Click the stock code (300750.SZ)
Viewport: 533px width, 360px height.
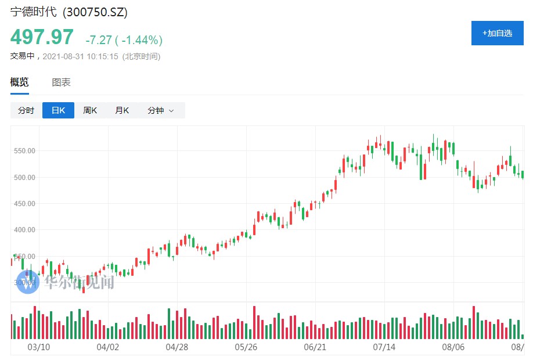click(x=95, y=12)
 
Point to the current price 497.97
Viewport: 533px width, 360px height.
click(x=42, y=37)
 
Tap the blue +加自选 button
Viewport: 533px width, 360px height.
click(x=497, y=33)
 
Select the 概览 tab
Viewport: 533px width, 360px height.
click(x=19, y=82)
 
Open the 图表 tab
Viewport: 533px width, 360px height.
click(x=61, y=82)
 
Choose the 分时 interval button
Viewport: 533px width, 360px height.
click(x=26, y=110)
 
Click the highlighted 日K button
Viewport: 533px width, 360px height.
click(x=58, y=110)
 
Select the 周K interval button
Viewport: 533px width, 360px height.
click(x=90, y=110)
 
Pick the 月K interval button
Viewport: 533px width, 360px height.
click(x=122, y=110)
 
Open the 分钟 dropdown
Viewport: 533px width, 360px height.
click(x=160, y=110)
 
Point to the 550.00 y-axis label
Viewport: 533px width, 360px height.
click(x=25, y=150)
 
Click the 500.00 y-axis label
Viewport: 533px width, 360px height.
click(x=25, y=177)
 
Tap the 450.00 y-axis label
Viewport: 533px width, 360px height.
click(x=25, y=203)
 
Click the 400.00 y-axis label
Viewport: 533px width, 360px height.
click(x=25, y=229)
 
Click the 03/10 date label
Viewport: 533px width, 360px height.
click(x=39, y=347)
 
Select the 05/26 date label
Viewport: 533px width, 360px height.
click(x=246, y=347)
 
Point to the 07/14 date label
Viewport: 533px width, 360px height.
click(x=384, y=347)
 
